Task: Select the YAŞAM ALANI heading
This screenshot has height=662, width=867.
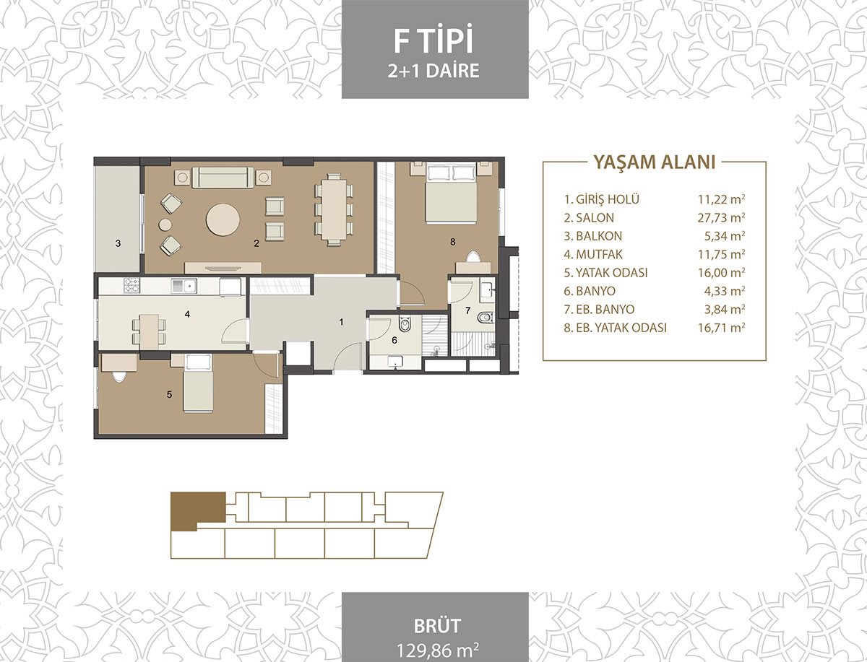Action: coord(655,162)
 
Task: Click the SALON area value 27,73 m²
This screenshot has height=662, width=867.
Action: coord(721,217)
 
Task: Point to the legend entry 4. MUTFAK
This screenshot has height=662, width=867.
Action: coord(593,254)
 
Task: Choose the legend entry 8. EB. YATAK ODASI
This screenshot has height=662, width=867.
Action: coord(615,328)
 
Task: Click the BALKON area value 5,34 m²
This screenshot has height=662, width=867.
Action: coord(725,236)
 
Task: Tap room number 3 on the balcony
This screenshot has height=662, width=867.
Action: coord(118,243)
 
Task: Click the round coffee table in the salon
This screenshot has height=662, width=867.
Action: coord(223,219)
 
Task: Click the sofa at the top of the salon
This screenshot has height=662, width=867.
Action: coord(223,177)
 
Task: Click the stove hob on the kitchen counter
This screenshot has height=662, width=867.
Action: coord(131,285)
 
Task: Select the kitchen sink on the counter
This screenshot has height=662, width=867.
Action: coord(184,286)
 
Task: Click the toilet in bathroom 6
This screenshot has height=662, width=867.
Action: coord(405,324)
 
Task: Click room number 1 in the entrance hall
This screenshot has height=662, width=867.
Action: coord(341,322)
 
